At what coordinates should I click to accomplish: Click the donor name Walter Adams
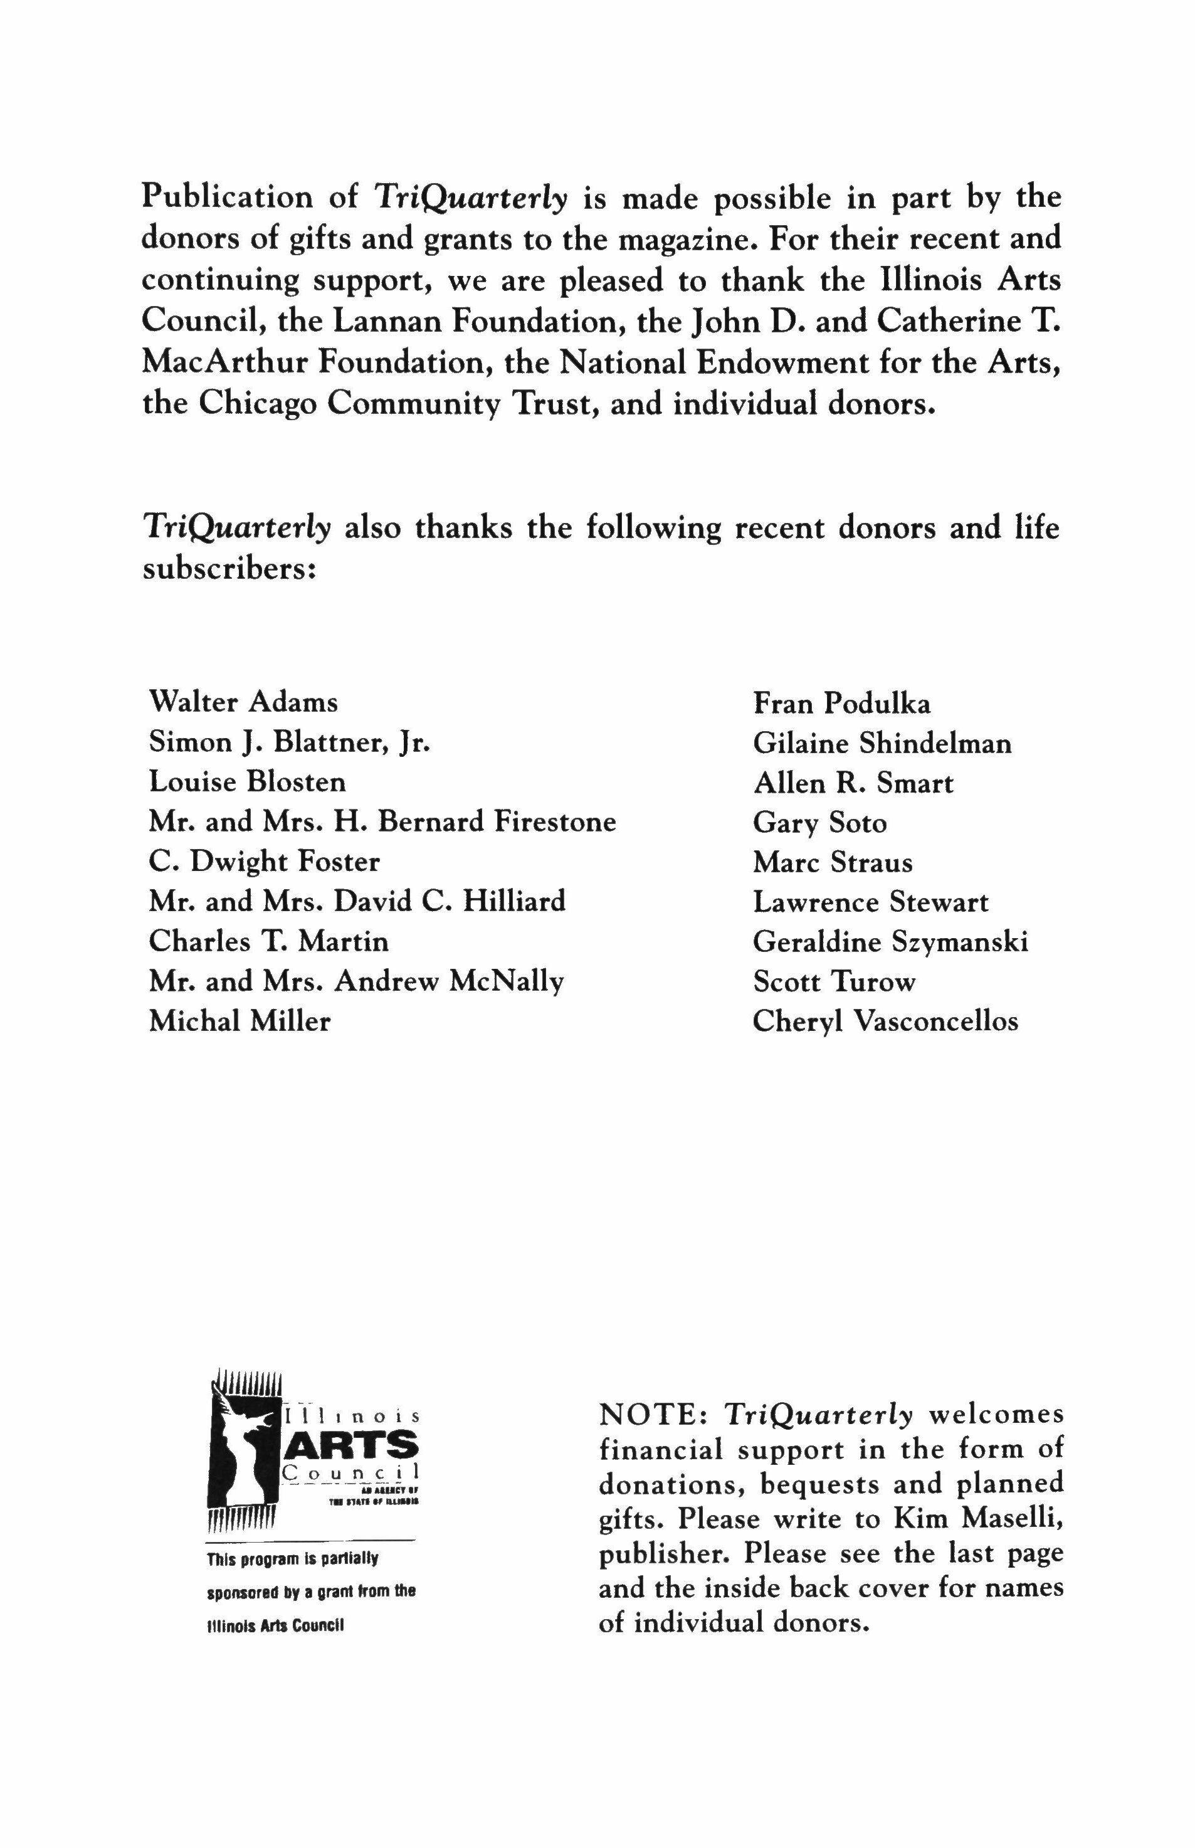pos(243,702)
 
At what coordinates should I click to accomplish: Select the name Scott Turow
pos(834,982)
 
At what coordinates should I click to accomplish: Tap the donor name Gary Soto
pos(819,823)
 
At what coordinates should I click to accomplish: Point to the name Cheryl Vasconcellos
pos(885,1022)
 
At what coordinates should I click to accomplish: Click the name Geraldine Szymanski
pos(890,942)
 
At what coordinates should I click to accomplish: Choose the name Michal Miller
pos(239,1022)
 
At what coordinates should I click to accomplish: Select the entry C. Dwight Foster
pos(265,862)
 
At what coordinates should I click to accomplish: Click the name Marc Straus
pos(833,862)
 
